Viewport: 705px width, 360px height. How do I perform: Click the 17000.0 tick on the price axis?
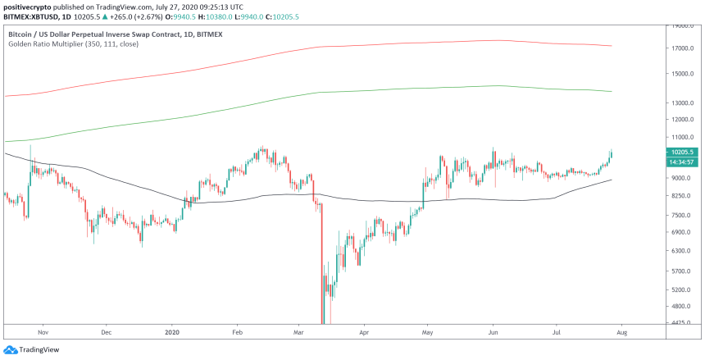tap(683, 48)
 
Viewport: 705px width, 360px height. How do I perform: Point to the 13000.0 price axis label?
tap(683, 103)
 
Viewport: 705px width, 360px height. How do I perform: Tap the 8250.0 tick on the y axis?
tap(682, 197)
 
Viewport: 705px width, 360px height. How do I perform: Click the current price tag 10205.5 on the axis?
tap(682, 152)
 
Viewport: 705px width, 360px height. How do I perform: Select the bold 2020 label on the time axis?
tap(171, 333)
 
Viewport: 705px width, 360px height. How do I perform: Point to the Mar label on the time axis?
tap(298, 333)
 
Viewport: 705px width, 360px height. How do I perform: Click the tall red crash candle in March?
tap(322, 262)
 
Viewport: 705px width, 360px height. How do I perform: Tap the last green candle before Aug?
tap(611, 154)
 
